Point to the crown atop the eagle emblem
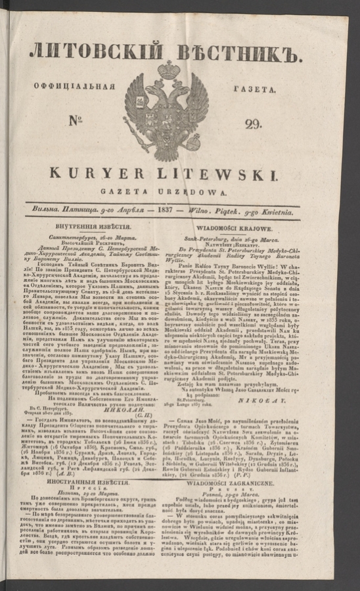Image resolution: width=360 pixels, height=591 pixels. (168, 70)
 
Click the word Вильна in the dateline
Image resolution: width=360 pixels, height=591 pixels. (56, 210)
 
